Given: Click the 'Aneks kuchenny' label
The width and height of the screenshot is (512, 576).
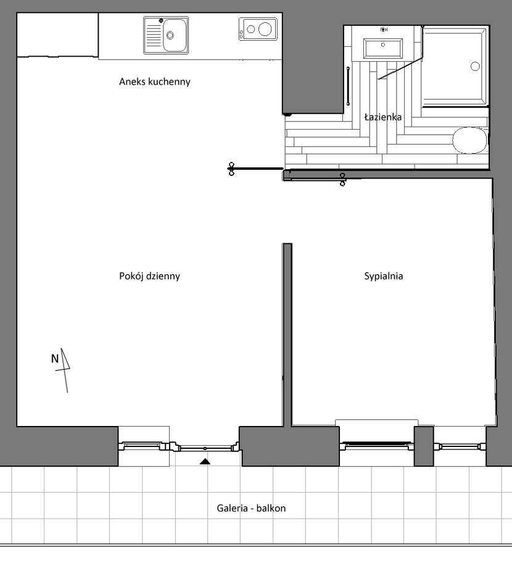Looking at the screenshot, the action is [154, 81].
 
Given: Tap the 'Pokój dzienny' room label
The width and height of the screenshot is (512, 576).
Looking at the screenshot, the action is [149, 276].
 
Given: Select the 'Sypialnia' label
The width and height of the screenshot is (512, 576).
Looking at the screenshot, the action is [384, 276].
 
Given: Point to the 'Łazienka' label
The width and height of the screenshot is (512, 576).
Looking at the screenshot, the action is [383, 117].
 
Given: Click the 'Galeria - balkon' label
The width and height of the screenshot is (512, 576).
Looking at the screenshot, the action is [251, 508].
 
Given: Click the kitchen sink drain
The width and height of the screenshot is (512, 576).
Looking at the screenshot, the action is [170, 35].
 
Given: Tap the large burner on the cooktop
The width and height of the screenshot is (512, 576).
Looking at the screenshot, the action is [265, 28].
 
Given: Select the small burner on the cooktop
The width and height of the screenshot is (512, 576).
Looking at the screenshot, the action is [250, 29].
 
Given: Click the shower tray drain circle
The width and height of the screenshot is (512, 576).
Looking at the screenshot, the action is [475, 66].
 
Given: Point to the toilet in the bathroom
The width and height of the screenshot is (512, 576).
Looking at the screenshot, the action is [470, 140].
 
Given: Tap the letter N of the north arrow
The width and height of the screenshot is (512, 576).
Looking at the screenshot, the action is [55, 359].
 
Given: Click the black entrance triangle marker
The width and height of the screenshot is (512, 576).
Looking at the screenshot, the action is [205, 461].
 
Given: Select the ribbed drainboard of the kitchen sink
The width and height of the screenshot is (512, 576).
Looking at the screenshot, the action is [154, 35].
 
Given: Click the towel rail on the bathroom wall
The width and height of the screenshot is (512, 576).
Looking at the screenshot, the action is [348, 86].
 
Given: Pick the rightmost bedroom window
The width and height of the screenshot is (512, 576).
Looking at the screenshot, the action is [460, 447].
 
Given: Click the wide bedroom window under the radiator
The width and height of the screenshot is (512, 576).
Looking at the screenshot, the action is [377, 446].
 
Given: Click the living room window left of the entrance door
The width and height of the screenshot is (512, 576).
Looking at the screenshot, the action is [144, 446].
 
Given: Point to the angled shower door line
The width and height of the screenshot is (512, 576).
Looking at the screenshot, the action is [400, 69].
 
